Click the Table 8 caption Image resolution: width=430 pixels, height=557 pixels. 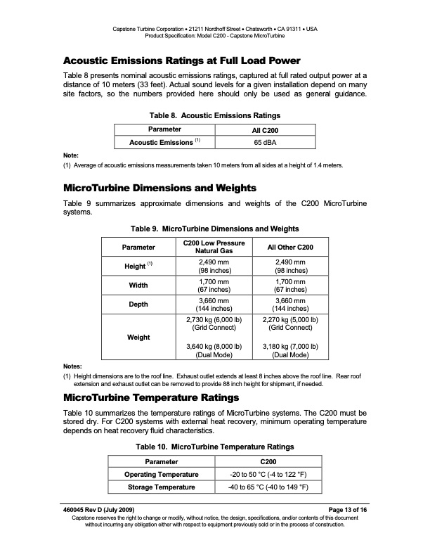click(x=215, y=115)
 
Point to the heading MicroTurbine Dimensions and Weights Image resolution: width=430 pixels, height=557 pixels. click(x=160, y=188)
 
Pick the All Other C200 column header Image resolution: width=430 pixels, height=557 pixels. click(x=285, y=248)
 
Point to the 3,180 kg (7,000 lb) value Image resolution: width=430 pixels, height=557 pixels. click(x=285, y=347)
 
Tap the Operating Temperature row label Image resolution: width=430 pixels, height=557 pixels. click(x=162, y=475)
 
